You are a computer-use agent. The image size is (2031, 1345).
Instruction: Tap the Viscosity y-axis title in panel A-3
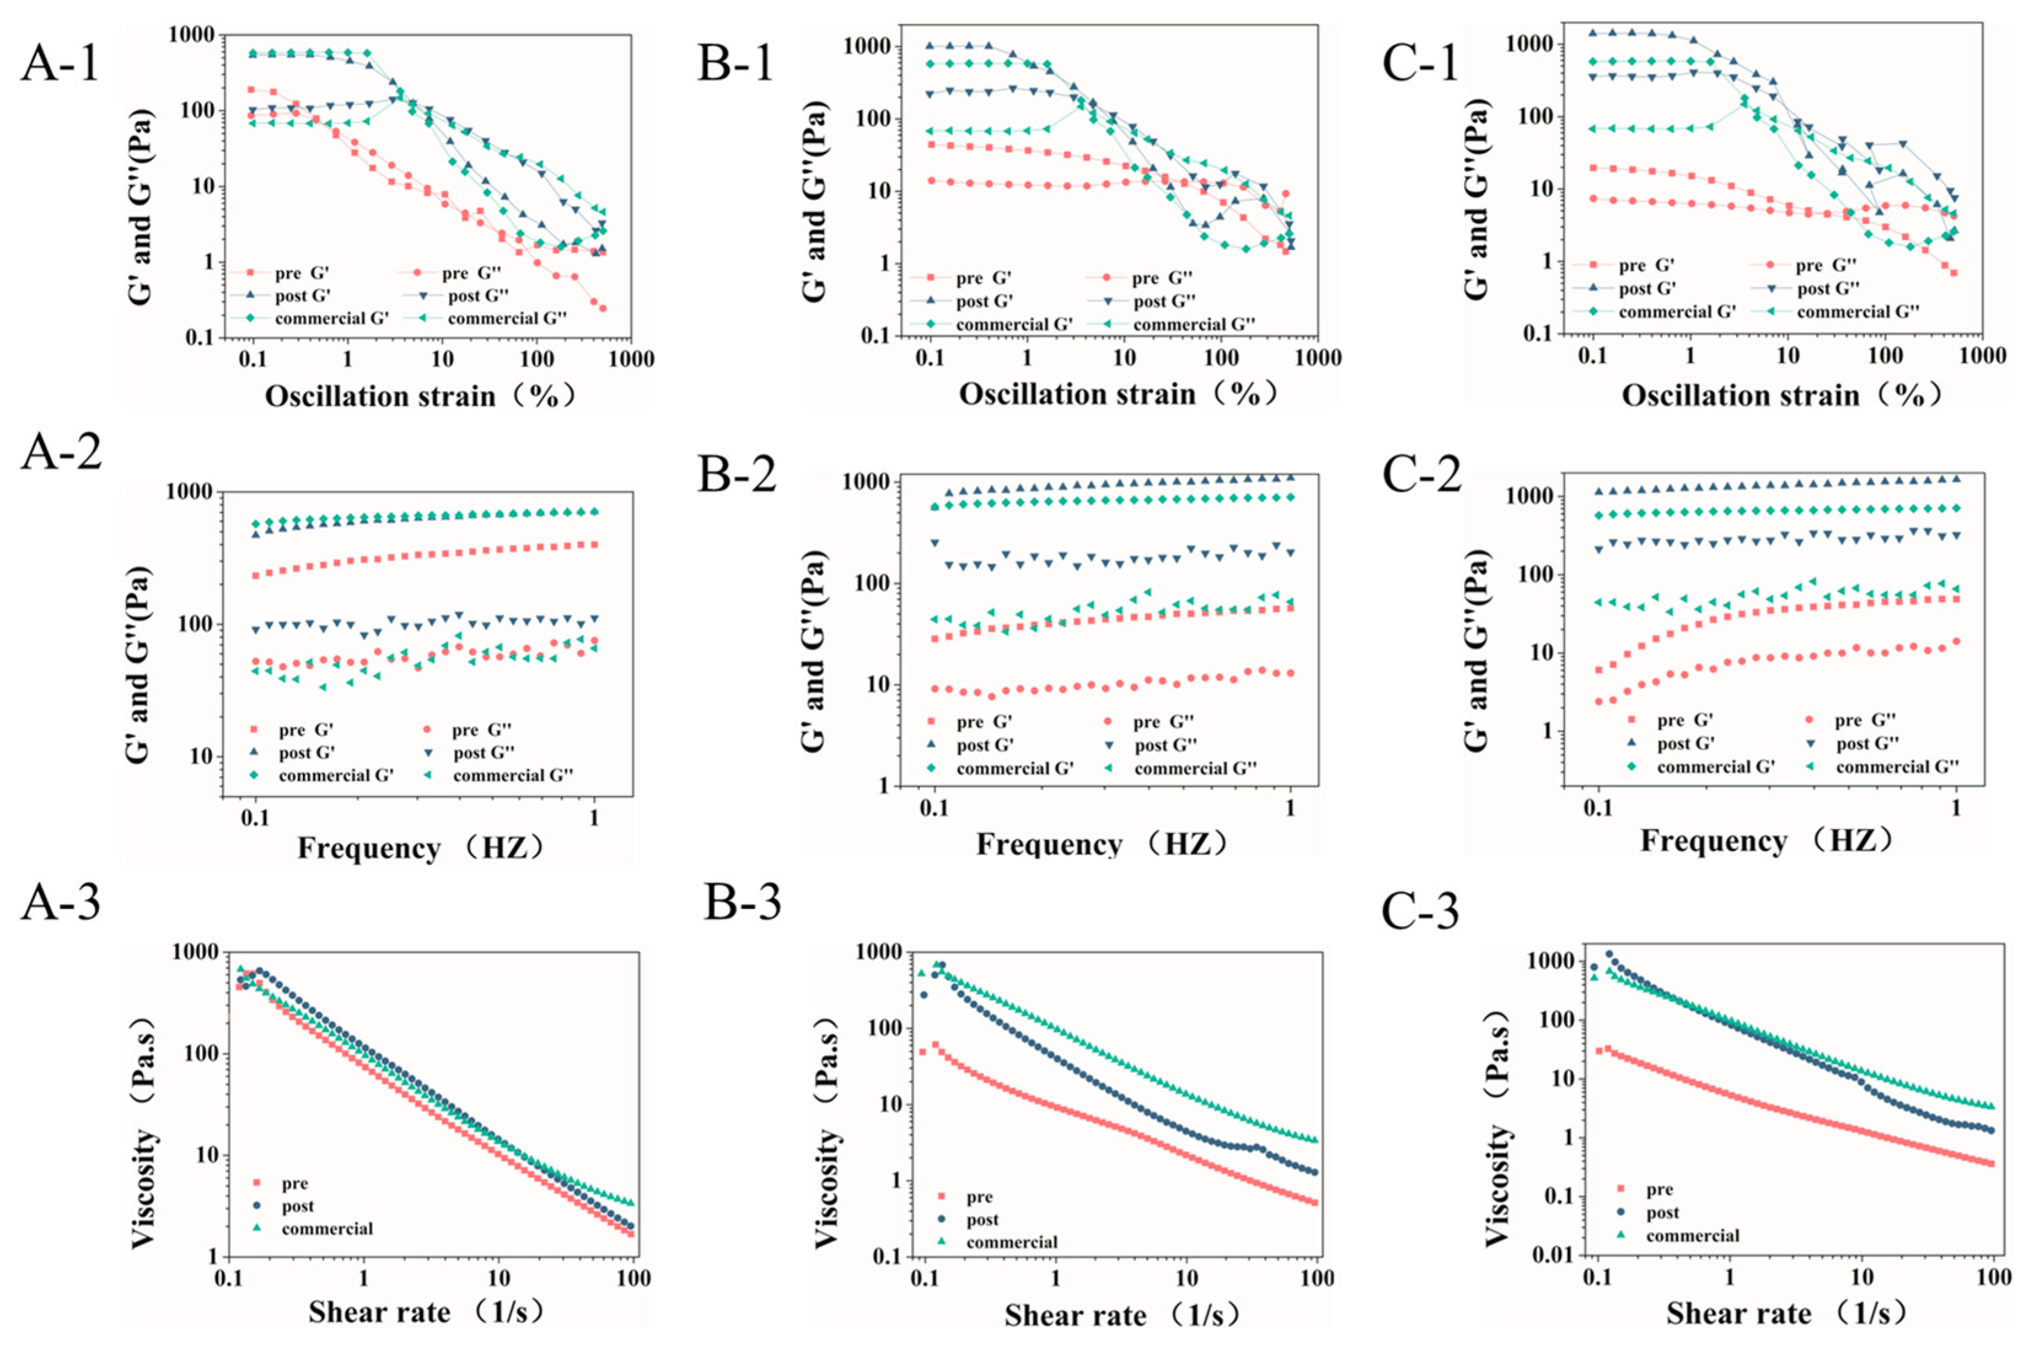point(145,1133)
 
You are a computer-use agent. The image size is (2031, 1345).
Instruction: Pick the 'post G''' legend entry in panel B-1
point(1164,301)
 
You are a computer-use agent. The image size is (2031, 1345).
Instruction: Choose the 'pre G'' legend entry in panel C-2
point(1685,720)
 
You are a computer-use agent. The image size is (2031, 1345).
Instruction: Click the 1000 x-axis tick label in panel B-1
point(1313,357)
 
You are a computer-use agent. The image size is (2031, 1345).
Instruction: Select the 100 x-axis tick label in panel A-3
point(633,1278)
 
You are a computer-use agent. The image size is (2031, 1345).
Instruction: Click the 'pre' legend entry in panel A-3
point(294,1183)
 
